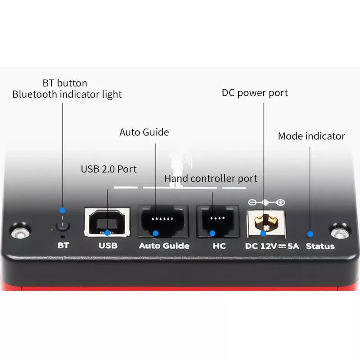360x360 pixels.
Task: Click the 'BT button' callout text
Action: click(x=65, y=83)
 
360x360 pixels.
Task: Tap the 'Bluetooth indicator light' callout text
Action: click(x=67, y=94)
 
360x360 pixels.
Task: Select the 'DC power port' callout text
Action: click(x=255, y=93)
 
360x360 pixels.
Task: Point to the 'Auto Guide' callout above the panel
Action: click(x=144, y=132)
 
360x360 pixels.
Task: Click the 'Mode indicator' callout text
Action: click(x=311, y=136)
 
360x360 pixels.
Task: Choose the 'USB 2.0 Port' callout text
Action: click(x=109, y=169)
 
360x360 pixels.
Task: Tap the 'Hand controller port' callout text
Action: click(x=211, y=179)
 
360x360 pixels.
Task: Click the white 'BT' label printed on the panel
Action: click(x=63, y=245)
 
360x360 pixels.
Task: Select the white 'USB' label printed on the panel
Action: click(x=108, y=246)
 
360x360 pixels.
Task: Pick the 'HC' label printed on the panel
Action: click(x=219, y=246)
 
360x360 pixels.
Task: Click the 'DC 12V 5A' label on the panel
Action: click(x=272, y=246)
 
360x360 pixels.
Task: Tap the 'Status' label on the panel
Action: click(x=320, y=246)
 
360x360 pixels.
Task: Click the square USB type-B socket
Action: click(x=107, y=222)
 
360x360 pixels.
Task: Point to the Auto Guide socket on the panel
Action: click(x=163, y=221)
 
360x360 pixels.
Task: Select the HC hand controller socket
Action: click(x=217, y=221)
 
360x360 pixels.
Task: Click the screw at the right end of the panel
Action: click(x=340, y=231)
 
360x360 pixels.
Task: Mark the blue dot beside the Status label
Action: click(x=310, y=234)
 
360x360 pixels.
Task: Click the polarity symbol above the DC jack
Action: click(x=266, y=202)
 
